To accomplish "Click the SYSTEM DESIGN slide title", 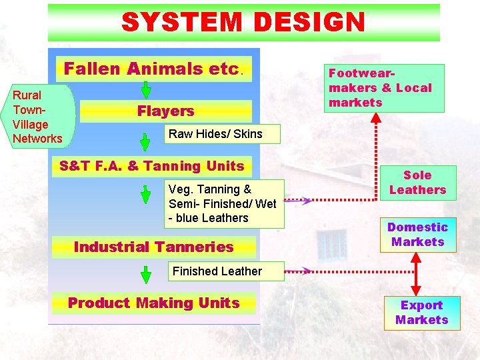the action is tap(243, 23).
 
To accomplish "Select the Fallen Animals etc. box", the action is tap(154, 69).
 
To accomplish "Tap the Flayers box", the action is tap(165, 111).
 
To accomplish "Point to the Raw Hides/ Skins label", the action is tap(215, 134).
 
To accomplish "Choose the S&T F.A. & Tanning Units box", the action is tap(152, 166).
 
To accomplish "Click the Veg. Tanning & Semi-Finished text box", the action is tap(223, 203).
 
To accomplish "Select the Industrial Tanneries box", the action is tap(154, 247).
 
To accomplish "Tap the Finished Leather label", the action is tap(217, 271).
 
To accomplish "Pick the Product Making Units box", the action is tap(154, 303).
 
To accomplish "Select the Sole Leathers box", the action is tap(417, 183).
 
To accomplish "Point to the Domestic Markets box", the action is tap(418, 235).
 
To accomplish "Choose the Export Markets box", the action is tap(421, 312).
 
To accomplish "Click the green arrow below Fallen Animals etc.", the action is tap(146, 90).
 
